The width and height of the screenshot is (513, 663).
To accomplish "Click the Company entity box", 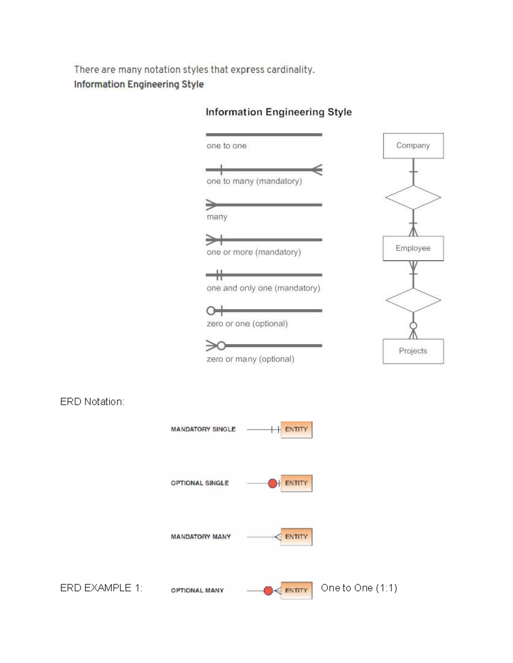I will point(413,146).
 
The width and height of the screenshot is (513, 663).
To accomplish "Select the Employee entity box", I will point(413,248).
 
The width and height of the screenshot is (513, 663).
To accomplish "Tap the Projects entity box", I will point(413,351).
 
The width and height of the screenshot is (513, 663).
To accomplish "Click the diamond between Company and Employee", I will point(413,198).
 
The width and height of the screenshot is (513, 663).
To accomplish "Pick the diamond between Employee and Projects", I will point(413,300).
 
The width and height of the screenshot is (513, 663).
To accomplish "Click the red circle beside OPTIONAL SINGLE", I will point(272,483).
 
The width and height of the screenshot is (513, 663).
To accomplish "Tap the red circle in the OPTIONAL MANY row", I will point(268,590).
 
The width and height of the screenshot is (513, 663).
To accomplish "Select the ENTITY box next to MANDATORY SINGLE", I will point(296,429).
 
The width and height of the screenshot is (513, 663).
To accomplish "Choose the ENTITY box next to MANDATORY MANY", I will point(296,537).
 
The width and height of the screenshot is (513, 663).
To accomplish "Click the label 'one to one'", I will point(227,146).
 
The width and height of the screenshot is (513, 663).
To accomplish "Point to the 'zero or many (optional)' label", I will point(250,359).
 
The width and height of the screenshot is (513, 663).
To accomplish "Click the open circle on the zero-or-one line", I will point(211,310).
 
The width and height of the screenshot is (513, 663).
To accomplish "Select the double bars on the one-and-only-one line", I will point(219,275).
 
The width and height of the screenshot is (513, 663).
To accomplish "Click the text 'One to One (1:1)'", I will point(359,588).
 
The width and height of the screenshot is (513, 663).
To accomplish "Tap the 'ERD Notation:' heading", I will point(92,402).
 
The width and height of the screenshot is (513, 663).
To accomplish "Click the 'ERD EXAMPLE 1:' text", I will point(101,588).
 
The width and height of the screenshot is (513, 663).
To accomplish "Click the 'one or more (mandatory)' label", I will point(254,252).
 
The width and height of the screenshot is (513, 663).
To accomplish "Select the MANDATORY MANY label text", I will point(200,537).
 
